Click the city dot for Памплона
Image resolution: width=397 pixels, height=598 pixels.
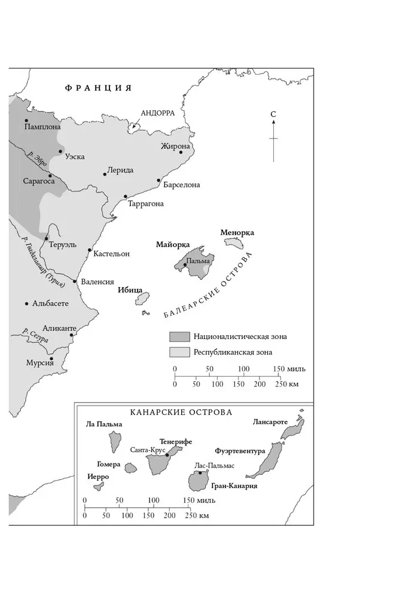pos(26,121)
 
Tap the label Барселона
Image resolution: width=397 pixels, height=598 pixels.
pos(181,185)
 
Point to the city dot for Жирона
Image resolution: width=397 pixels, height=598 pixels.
pos(181,152)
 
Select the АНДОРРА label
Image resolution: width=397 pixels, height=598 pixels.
pos(158,112)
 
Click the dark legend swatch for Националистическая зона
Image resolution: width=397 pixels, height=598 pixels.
pos(179,336)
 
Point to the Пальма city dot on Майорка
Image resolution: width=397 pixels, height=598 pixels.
pos(185,264)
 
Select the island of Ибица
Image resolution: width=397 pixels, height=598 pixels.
pos(142,298)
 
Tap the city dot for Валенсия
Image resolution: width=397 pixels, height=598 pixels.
pos(75,281)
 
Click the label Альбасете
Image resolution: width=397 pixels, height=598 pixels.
pos(50,304)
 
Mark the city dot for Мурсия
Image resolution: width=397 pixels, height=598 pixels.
pos(52,359)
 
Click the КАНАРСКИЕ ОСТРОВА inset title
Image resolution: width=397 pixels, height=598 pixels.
pos(181,413)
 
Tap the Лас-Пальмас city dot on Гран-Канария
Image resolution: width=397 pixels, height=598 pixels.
pos(200,473)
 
